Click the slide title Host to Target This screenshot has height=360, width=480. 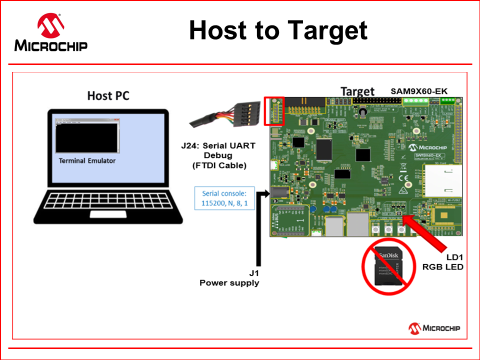[x=278, y=30]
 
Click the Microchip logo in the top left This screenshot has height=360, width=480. [x=51, y=33]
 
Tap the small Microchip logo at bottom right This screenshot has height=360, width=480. [x=434, y=328]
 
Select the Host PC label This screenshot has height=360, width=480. [x=108, y=95]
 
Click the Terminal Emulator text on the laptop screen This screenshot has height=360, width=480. [x=87, y=160]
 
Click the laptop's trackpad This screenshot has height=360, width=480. [x=108, y=214]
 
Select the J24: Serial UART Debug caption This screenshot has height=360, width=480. [x=218, y=155]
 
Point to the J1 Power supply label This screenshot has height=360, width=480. [x=229, y=278]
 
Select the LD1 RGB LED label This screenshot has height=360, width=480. [x=443, y=262]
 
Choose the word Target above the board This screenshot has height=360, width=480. [x=357, y=91]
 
